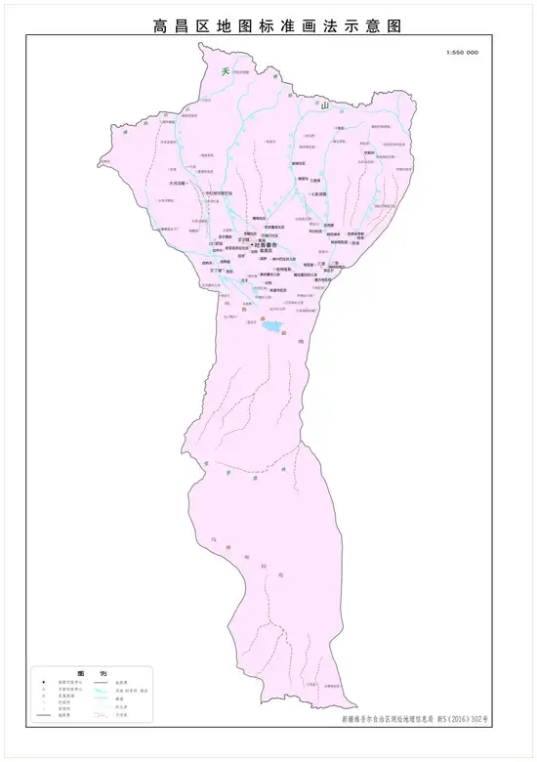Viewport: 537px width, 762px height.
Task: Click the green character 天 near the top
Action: [225, 71]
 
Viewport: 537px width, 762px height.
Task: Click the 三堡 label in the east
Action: [320, 263]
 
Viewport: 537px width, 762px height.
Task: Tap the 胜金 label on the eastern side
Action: [356, 243]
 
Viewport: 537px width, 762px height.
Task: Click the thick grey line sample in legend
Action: [45, 717]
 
